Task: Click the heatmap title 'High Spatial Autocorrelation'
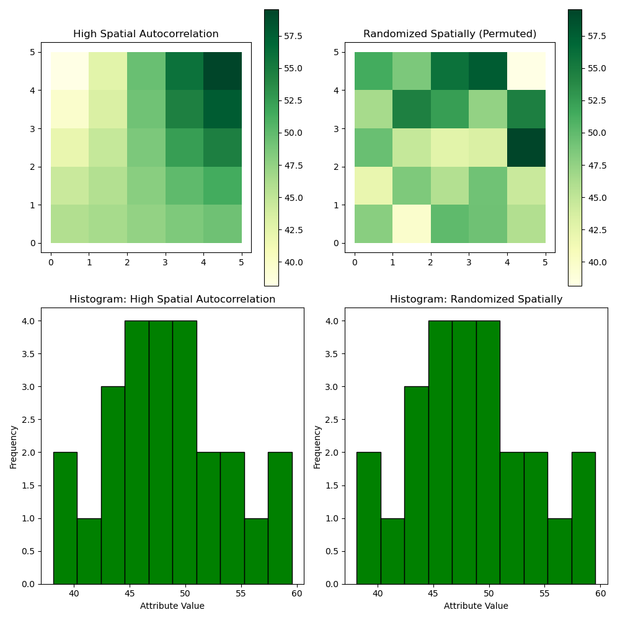146,34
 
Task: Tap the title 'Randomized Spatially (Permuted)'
449,34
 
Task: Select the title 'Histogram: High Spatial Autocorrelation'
172,299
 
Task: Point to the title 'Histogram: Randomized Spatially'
476,299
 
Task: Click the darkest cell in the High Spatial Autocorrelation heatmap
223,71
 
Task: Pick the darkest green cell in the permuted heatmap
526,148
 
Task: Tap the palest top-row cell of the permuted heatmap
526,71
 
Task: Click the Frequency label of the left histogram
13,446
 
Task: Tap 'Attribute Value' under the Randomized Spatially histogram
476,606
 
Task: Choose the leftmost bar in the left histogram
65,518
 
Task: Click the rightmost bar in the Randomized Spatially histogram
583,518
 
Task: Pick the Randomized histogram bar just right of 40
392,551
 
